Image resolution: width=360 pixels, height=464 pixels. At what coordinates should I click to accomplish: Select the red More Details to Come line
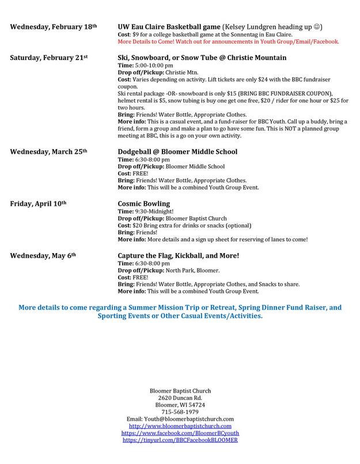[x=228, y=42]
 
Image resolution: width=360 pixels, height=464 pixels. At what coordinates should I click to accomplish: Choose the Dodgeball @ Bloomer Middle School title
[x=178, y=152]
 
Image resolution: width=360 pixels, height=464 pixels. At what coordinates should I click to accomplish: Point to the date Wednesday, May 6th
[x=41, y=254]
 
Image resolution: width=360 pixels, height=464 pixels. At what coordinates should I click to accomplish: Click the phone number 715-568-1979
[x=180, y=412]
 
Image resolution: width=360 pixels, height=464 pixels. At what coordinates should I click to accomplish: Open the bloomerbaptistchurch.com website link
[x=180, y=426]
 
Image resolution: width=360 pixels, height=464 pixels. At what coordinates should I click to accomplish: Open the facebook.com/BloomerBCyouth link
[x=180, y=433]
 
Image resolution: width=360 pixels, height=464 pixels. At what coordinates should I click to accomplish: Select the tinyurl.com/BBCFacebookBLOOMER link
[x=180, y=440]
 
